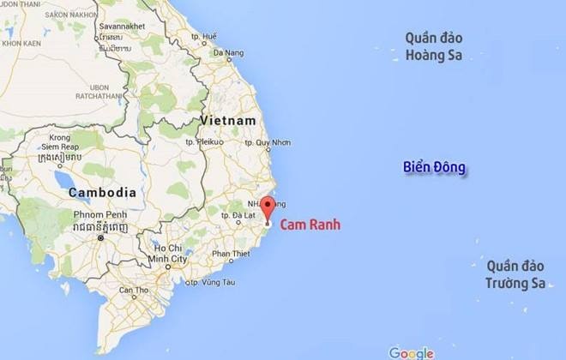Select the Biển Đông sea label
tap(435, 168)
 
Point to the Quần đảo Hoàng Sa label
tap(434, 47)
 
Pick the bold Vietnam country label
tap(228, 121)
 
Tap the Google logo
tap(410, 352)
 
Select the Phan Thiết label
tap(229, 254)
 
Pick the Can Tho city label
tap(133, 291)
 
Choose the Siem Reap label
tap(60, 147)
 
